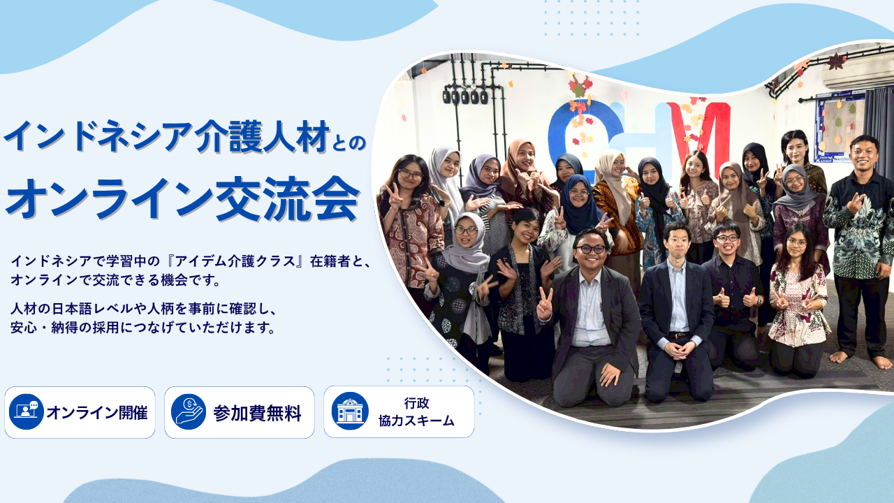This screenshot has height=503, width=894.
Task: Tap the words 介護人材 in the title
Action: (x=263, y=136)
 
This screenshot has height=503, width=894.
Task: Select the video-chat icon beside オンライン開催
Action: (x=27, y=412)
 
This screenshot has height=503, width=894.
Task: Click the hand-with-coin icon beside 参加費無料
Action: (x=189, y=412)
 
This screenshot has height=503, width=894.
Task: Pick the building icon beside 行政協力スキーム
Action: (x=350, y=411)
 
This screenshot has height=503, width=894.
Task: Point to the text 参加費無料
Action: (x=257, y=413)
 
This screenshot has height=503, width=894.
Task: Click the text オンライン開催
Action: (x=97, y=412)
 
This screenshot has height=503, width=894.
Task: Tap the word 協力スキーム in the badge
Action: (x=416, y=421)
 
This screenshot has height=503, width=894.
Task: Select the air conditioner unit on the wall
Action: (x=858, y=74)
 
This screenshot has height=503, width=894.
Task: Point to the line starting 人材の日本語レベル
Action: (x=144, y=309)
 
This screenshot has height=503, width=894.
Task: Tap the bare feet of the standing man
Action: (x=861, y=358)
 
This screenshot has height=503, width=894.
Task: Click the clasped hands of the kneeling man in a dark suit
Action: (x=677, y=349)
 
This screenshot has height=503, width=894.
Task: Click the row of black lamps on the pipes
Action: (x=465, y=96)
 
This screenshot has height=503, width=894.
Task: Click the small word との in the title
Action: (x=349, y=143)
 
